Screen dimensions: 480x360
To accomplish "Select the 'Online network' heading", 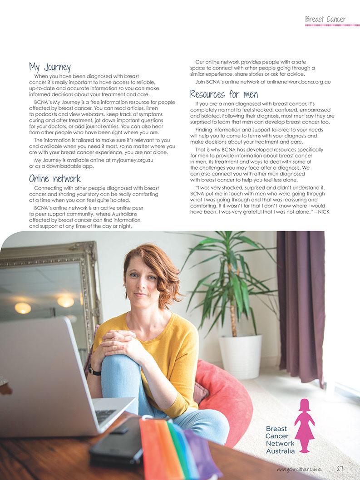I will (x=54, y=178).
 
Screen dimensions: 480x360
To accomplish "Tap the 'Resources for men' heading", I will (x=224, y=94).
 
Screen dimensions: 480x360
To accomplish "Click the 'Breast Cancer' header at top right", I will (x=325, y=19).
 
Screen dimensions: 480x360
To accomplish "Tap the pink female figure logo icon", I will (x=304, y=425).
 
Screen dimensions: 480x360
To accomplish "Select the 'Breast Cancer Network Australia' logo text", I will (x=280, y=440).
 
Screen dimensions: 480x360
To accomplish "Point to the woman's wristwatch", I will (x=94, y=371).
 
